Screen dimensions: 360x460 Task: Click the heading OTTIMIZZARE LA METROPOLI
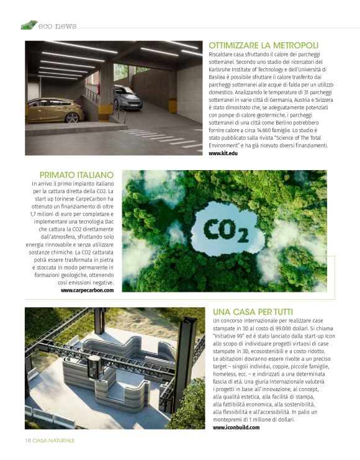(264, 45)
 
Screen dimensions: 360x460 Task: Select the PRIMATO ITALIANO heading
(76, 175)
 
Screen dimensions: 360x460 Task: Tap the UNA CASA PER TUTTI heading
(253, 311)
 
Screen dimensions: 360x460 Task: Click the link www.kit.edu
(223, 153)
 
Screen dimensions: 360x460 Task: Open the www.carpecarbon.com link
(87, 290)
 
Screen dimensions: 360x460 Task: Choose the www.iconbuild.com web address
(236, 427)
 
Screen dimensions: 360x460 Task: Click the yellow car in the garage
(55, 111)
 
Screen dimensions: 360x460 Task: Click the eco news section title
(57, 26)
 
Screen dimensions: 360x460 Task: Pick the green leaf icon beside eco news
(29, 25)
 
